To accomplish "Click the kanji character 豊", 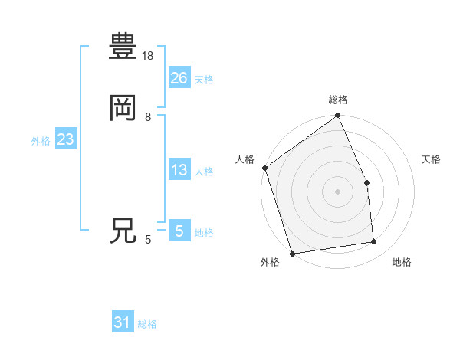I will pyautogui.click(x=123, y=47).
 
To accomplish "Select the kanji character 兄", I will pyautogui.click(x=123, y=231).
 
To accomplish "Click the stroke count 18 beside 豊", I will pyautogui.click(x=149, y=56).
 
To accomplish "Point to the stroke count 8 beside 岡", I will pyautogui.click(x=148, y=117).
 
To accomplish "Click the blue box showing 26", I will pyautogui.click(x=179, y=77).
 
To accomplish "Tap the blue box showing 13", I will pyautogui.click(x=179, y=170).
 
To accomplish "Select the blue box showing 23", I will pyautogui.click(x=65, y=139).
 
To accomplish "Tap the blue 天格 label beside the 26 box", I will pyautogui.click(x=204, y=80).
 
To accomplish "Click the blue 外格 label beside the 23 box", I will pyautogui.click(x=41, y=141).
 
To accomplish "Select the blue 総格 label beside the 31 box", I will pyautogui.click(x=147, y=324).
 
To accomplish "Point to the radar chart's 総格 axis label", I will pyautogui.click(x=338, y=100).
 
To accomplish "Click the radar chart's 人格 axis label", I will pyautogui.click(x=245, y=159).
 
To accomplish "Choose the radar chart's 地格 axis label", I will pyautogui.click(x=402, y=263).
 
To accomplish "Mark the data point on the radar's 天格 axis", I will pyautogui.click(x=366, y=182).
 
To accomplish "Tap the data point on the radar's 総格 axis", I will pyautogui.click(x=338, y=116).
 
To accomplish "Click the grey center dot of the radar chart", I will pyautogui.click(x=337, y=191).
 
